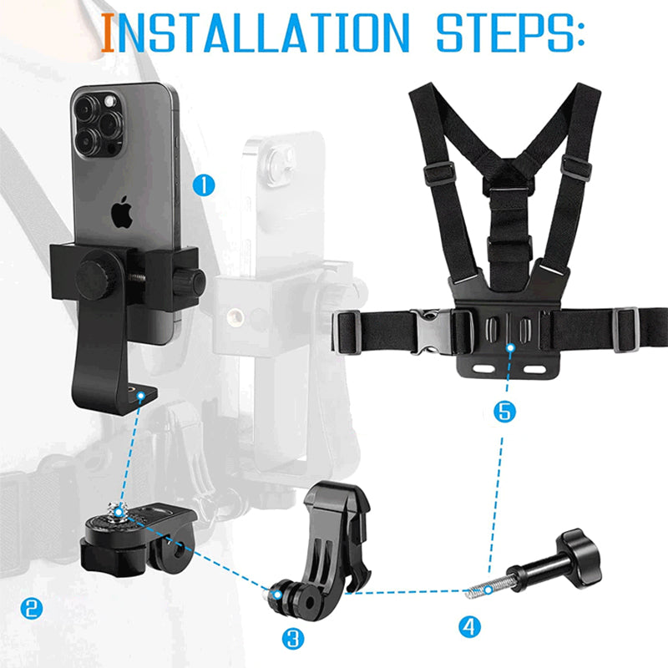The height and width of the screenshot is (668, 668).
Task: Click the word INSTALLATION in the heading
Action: coord(256,34)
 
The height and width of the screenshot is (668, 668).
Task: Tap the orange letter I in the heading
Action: coord(108,34)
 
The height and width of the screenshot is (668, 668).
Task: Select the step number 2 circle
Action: coord(32,608)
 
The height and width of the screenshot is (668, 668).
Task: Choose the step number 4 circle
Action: coord(470,625)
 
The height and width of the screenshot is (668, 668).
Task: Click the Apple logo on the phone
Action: coord(123,212)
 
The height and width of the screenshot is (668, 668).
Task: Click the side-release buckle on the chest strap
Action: coord(429,331)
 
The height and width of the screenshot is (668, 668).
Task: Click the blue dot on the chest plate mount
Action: coord(509,346)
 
